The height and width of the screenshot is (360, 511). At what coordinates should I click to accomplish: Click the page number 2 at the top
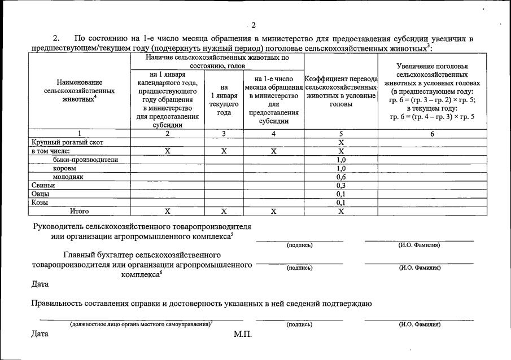pyautogui.click(x=254, y=25)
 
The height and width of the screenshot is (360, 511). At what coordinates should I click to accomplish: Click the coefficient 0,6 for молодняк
pyautogui.click(x=341, y=177)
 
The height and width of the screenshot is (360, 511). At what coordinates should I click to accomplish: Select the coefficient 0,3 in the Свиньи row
pyautogui.click(x=341, y=185)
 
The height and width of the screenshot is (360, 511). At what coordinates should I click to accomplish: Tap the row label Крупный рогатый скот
pyautogui.click(x=67, y=143)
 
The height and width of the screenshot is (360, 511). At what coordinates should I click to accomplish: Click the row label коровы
pyautogui.click(x=65, y=168)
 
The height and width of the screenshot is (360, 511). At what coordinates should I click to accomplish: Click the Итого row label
pyautogui.click(x=79, y=211)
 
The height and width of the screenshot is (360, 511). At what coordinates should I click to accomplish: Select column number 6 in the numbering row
pyautogui.click(x=432, y=134)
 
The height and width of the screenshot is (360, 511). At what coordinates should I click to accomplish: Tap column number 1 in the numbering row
pyautogui.click(x=80, y=134)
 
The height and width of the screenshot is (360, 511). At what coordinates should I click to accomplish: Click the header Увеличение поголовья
pyautogui.click(x=432, y=66)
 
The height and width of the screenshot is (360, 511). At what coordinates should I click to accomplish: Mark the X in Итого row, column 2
pyautogui.click(x=167, y=211)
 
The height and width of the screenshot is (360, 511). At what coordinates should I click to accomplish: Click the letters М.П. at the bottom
pyautogui.click(x=243, y=334)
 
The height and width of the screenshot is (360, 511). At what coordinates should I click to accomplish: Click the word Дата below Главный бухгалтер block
pyautogui.click(x=40, y=284)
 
